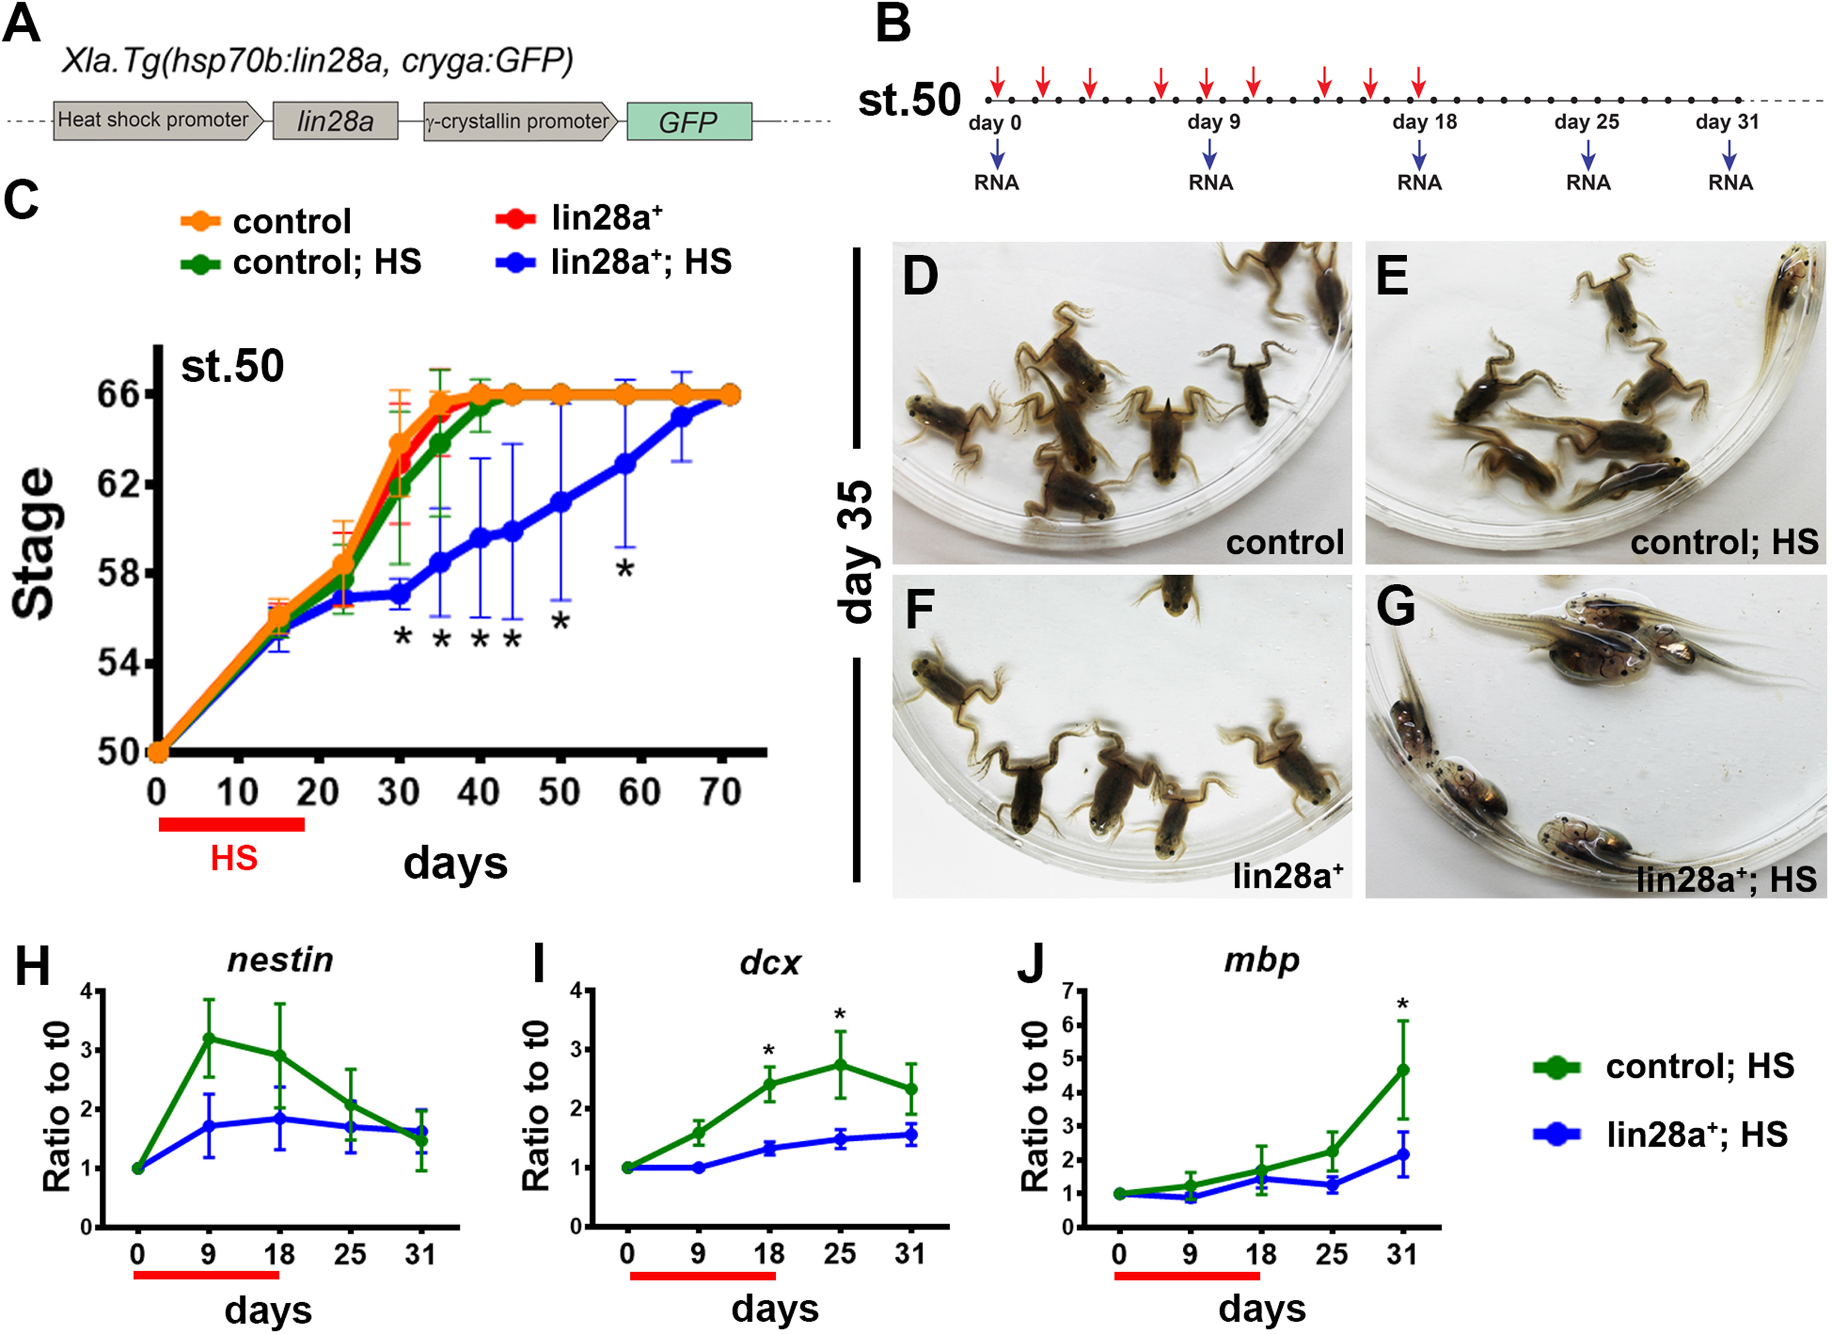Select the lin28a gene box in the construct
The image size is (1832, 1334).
[335, 121]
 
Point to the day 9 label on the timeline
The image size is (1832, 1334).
[1213, 123]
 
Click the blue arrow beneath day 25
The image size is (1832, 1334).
[1588, 153]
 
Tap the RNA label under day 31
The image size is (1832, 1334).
[1730, 183]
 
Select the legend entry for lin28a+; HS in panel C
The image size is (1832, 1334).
[640, 262]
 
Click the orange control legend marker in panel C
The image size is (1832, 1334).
[200, 220]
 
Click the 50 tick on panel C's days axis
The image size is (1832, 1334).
[559, 792]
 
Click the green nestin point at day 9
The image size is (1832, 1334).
[209, 1038]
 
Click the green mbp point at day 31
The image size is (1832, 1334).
[1403, 1070]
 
